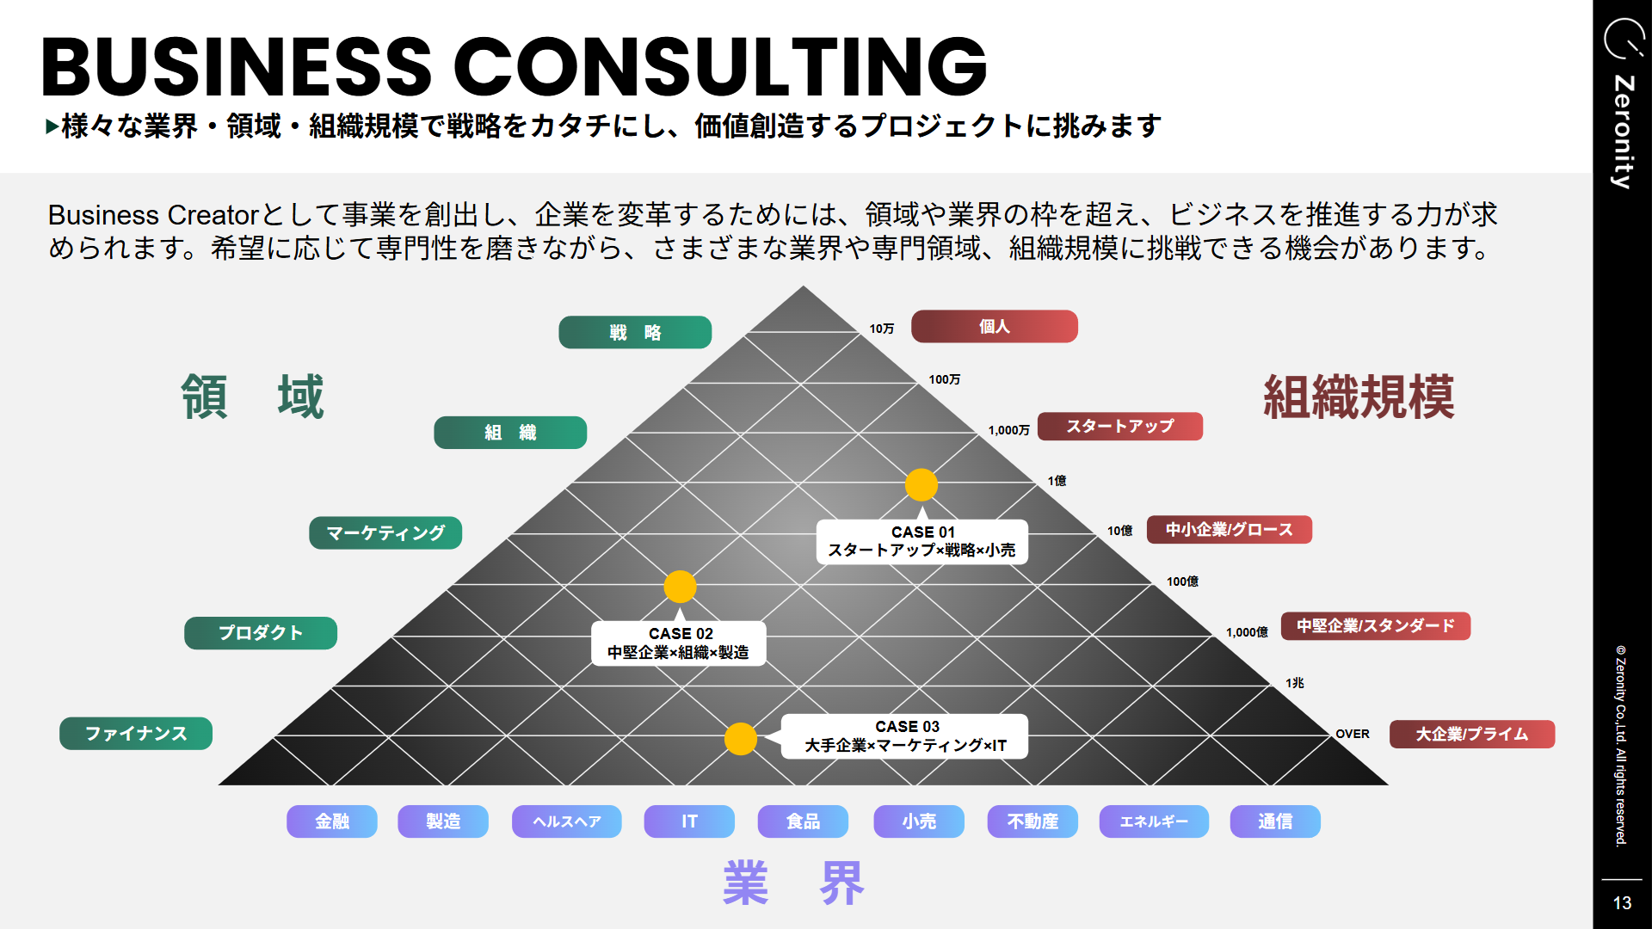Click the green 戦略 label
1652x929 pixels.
(x=635, y=332)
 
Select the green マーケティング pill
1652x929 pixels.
(x=385, y=532)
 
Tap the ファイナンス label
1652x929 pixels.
(x=136, y=733)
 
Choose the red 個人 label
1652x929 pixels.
(x=994, y=326)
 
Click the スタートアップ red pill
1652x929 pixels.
(x=1119, y=426)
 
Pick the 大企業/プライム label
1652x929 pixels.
(x=1471, y=734)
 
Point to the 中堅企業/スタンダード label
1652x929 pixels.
(x=1375, y=625)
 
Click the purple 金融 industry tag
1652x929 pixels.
(x=332, y=821)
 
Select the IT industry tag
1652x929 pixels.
(x=689, y=821)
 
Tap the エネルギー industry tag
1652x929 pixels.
(x=1153, y=821)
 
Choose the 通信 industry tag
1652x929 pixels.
(x=1274, y=821)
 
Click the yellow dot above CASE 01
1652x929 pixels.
(x=921, y=484)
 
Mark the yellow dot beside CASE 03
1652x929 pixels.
(x=740, y=738)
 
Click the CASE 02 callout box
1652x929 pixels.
(x=679, y=643)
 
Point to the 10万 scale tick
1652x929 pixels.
(x=881, y=329)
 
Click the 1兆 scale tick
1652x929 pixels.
(x=1294, y=683)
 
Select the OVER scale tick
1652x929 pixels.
(x=1352, y=734)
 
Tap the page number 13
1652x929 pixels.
(x=1622, y=902)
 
